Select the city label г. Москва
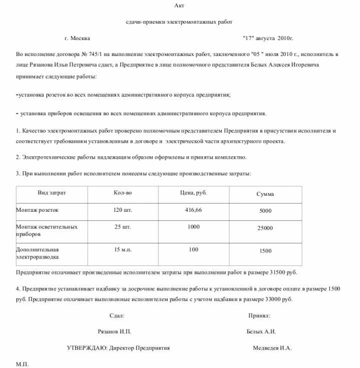coord(77,38)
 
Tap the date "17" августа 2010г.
coord(267,38)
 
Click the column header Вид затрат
coord(52,193)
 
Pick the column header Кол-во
coord(122,193)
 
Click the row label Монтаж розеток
coord(37,210)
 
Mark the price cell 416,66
coord(193,210)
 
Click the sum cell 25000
coord(265,228)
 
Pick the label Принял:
coord(259,316)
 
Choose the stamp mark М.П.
coord(22,364)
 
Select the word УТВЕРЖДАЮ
coord(85,348)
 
